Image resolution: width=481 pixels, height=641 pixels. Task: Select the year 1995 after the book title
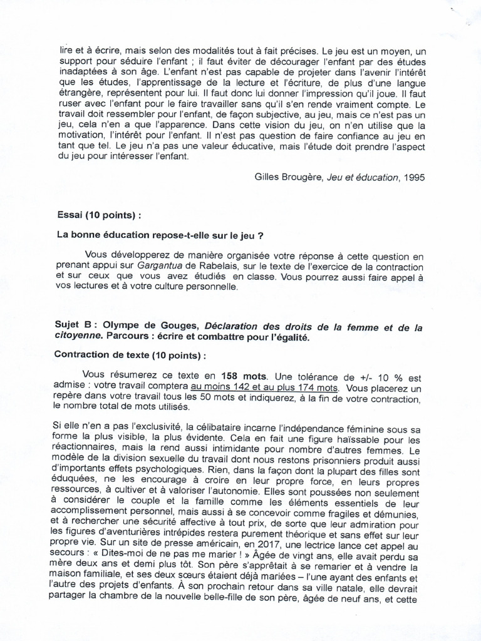pos(413,177)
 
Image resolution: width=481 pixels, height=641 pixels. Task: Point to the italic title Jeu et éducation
pos(363,177)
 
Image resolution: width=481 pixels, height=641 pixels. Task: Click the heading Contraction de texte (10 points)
pos(130,355)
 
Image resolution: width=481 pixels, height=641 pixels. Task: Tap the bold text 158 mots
pos(246,377)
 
